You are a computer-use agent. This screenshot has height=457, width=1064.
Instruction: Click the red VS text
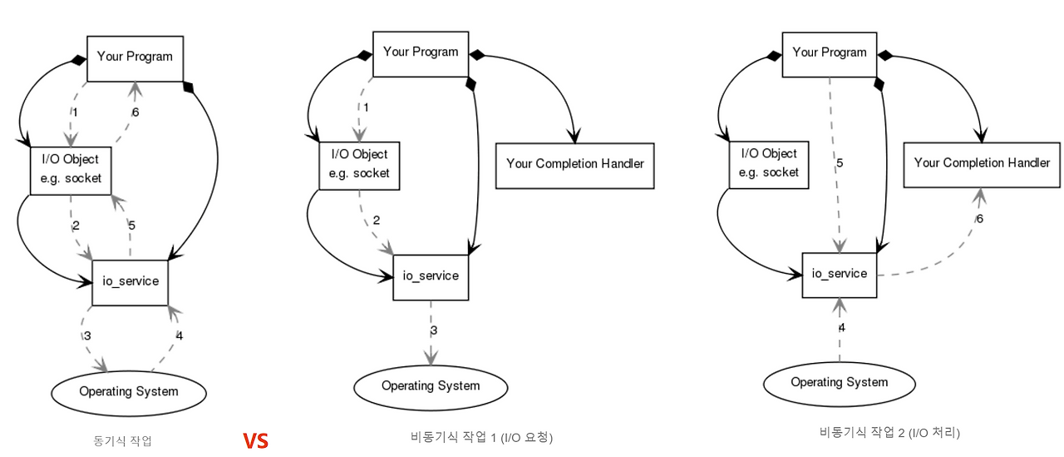(256, 440)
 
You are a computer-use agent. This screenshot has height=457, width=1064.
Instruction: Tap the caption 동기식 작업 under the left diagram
(123, 440)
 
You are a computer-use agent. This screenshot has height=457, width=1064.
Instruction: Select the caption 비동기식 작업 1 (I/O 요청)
(481, 437)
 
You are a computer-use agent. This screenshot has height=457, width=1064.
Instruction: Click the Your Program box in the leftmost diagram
(135, 57)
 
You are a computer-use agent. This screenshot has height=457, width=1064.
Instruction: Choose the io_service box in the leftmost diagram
(130, 281)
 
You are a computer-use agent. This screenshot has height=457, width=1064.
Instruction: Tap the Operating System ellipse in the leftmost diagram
(128, 391)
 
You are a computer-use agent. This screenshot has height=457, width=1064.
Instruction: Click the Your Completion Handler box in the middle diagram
(574, 164)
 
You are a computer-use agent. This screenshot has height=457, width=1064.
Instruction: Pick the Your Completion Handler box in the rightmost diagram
(982, 163)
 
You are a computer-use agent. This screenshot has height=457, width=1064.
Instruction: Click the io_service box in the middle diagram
(431, 276)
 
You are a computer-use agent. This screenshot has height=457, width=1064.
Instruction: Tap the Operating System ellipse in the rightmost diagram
(839, 383)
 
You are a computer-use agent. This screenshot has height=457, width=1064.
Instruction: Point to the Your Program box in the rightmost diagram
(829, 53)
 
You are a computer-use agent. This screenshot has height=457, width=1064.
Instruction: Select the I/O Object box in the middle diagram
(359, 164)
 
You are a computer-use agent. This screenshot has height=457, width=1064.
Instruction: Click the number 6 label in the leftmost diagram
(135, 112)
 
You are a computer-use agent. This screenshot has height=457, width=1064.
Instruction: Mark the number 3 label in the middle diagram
(433, 330)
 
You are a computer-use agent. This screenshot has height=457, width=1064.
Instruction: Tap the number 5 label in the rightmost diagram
(840, 163)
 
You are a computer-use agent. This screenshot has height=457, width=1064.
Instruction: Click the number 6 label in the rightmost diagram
(979, 219)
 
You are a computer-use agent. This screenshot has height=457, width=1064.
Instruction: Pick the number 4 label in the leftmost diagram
(179, 336)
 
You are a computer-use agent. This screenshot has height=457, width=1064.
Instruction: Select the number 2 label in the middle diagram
(376, 221)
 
